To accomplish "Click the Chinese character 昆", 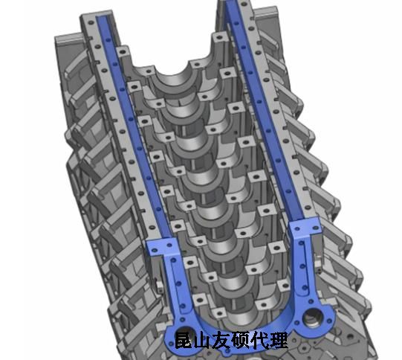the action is pos(183,340).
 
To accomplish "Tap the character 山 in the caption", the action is pos(202,341).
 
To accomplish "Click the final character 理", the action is pos(279,340).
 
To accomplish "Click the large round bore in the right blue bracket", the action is pos(312,318).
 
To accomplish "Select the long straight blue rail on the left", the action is pos(133,126).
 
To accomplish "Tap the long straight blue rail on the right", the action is pos(264,110).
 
